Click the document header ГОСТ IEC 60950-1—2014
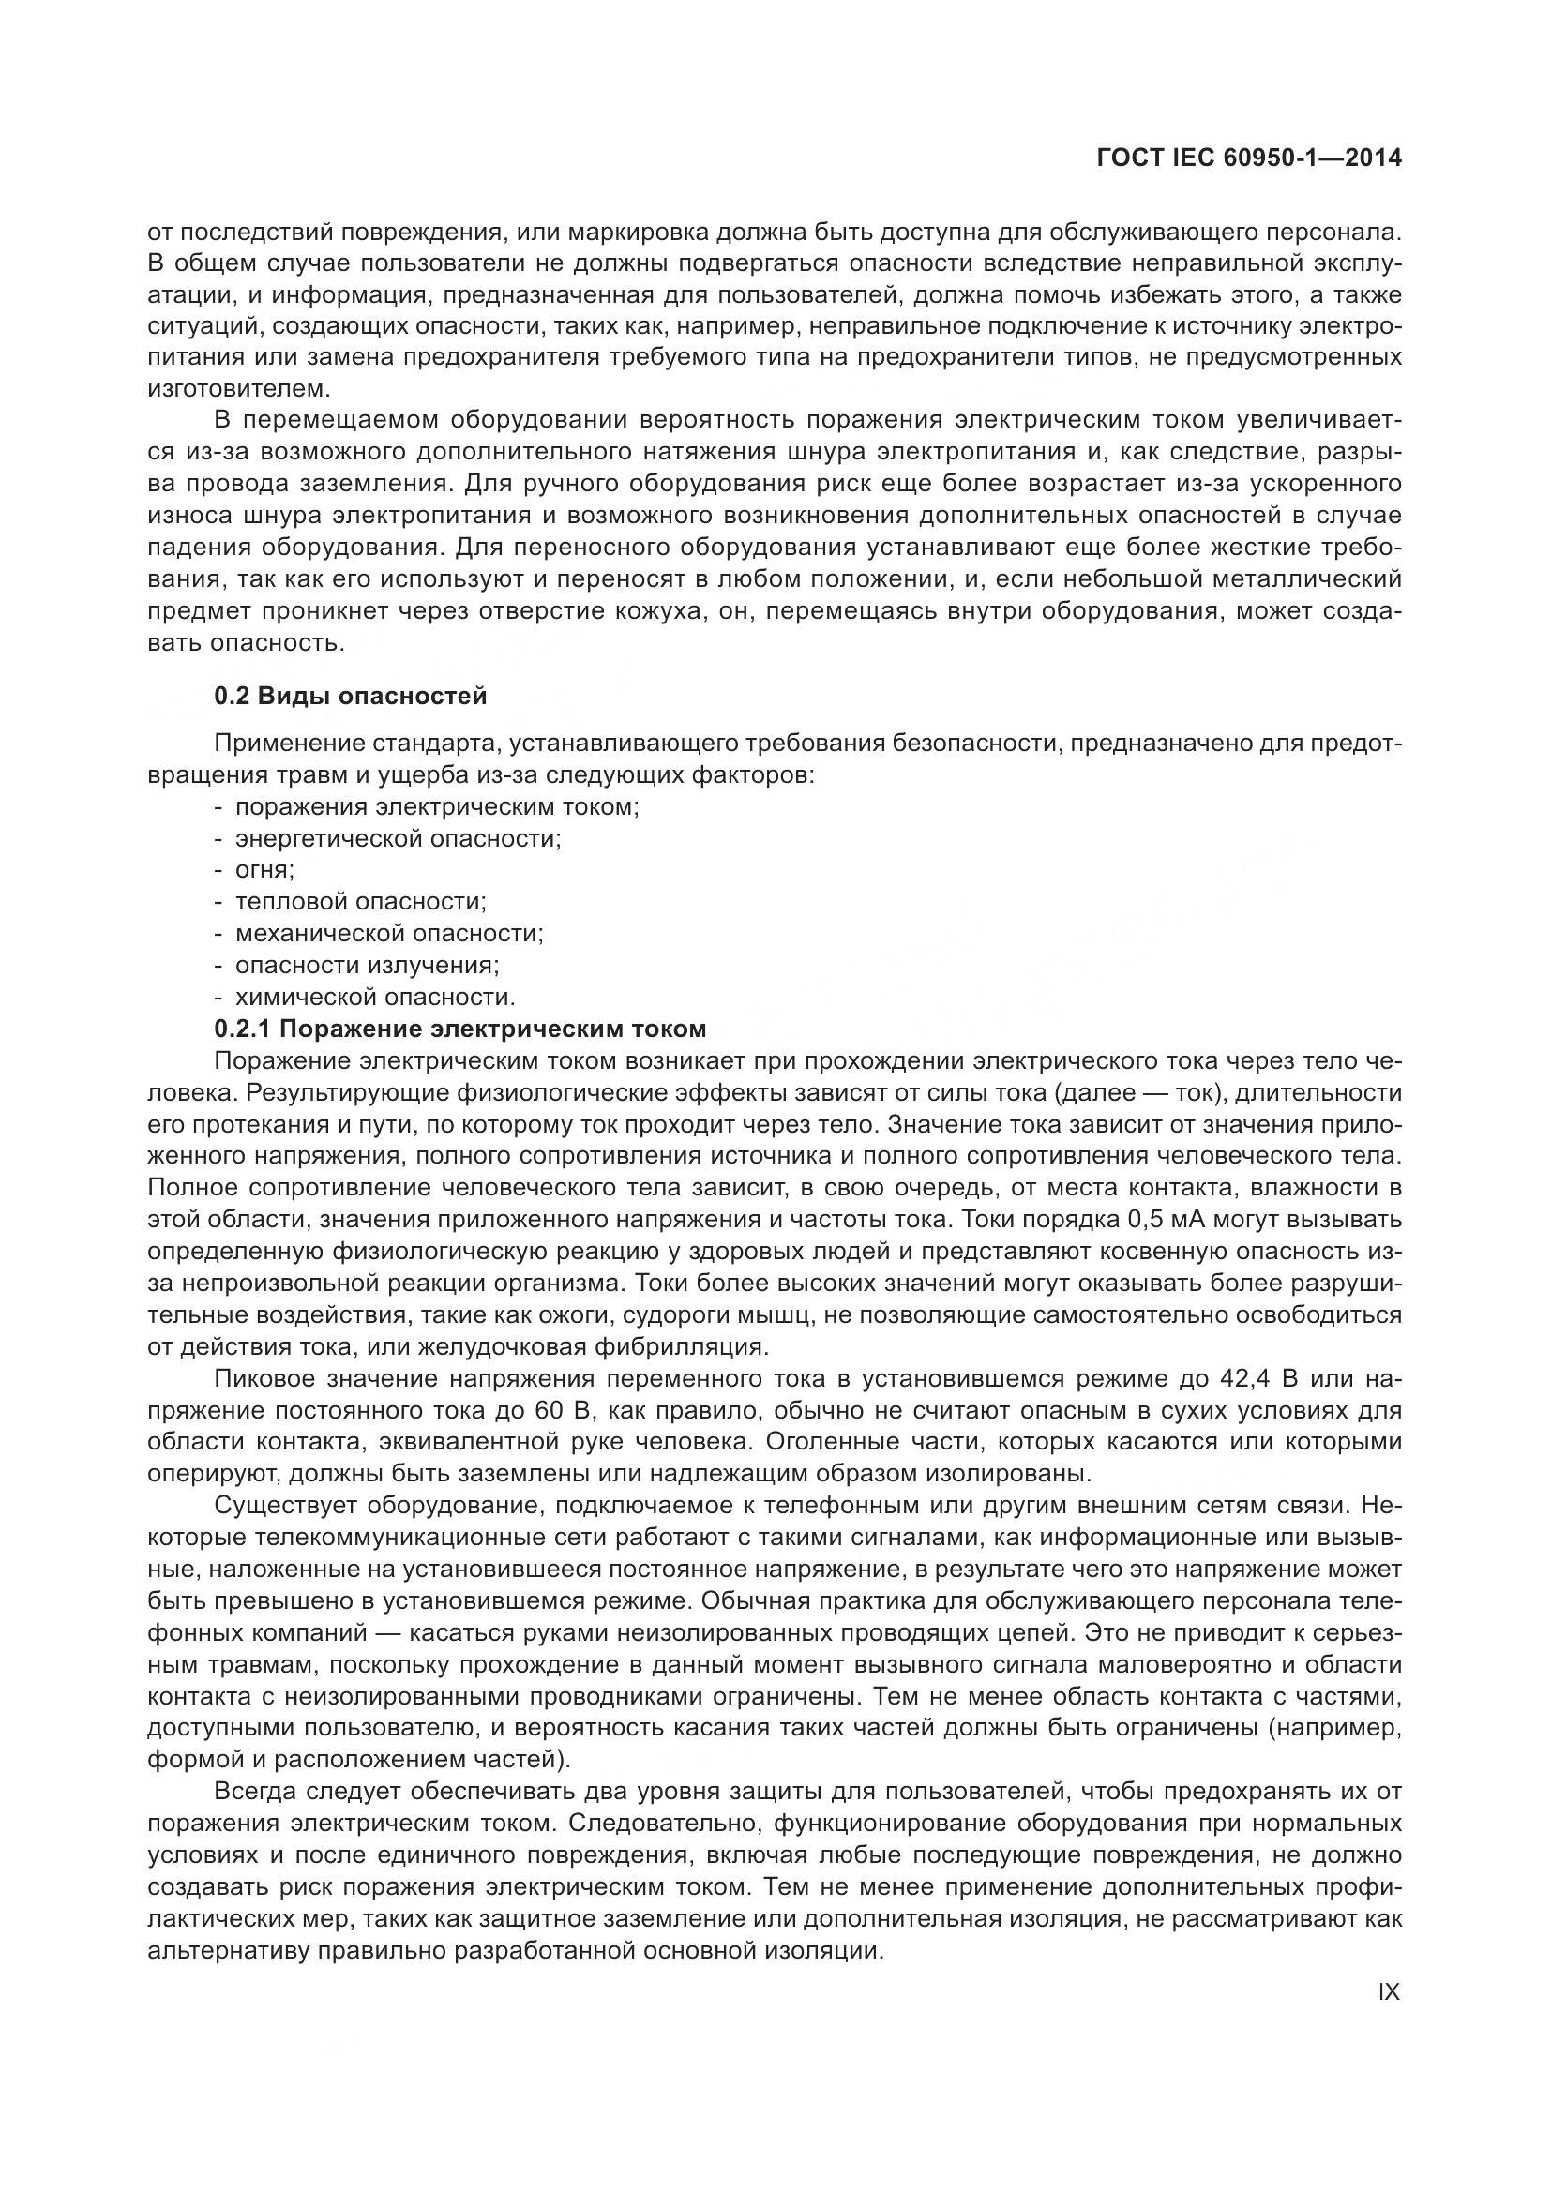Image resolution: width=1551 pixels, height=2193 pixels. [x=1249, y=158]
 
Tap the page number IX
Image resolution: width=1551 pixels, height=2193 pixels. [x=1389, y=1991]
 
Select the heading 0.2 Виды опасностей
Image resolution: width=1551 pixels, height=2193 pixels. [x=350, y=696]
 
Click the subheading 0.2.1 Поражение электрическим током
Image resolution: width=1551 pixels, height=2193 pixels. [x=460, y=1029]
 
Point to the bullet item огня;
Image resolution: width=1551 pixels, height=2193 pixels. [x=264, y=870]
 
